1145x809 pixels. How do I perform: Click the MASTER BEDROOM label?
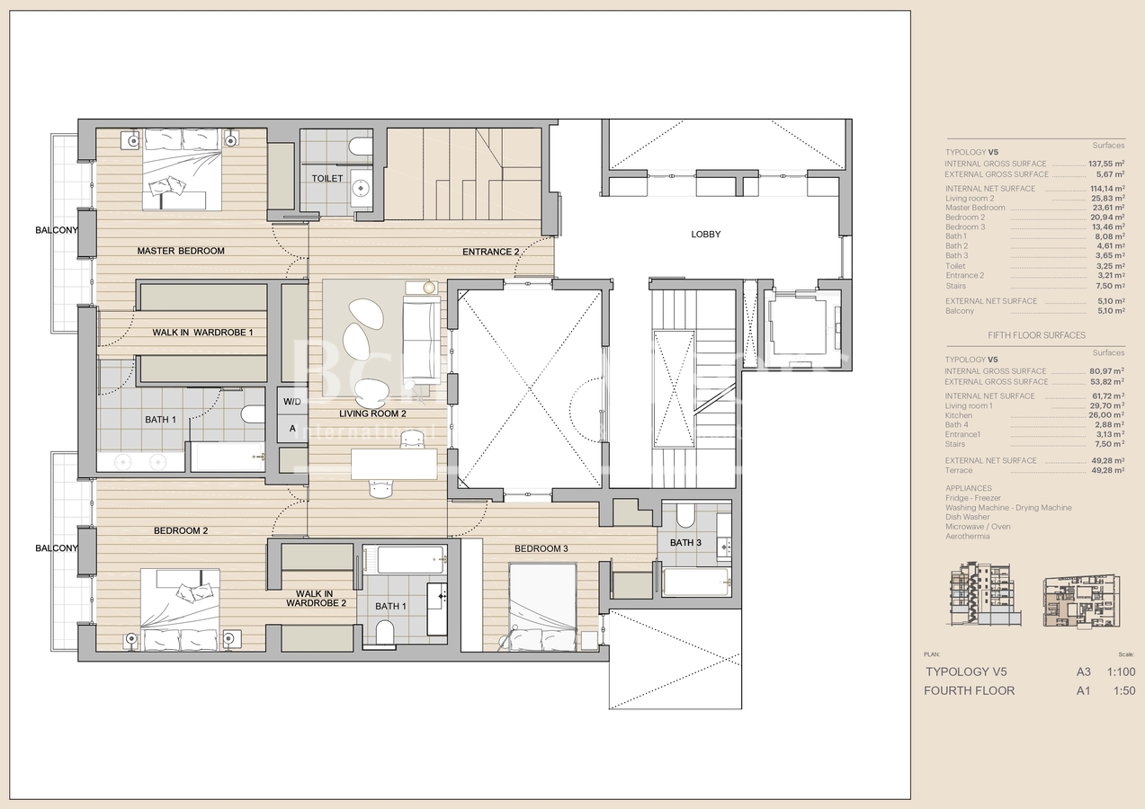[x=181, y=251]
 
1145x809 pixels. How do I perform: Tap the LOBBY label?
[x=705, y=235]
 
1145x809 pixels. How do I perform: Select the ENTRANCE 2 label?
[x=490, y=252]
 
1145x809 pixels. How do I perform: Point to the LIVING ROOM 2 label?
[x=372, y=414]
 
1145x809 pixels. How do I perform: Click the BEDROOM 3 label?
[x=541, y=548]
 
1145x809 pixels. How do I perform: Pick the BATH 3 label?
[x=684, y=542]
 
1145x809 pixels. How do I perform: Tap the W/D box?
[x=292, y=401]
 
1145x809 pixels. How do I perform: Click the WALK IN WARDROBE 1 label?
[x=202, y=333]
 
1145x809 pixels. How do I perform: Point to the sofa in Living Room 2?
[x=422, y=330]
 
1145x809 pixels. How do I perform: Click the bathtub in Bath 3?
[x=695, y=582]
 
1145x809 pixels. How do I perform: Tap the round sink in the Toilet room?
[x=361, y=188]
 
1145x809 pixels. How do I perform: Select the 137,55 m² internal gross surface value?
[x=1102, y=164]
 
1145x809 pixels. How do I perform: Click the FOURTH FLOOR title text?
[x=969, y=690]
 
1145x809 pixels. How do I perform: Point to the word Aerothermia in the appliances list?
[x=967, y=537]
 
